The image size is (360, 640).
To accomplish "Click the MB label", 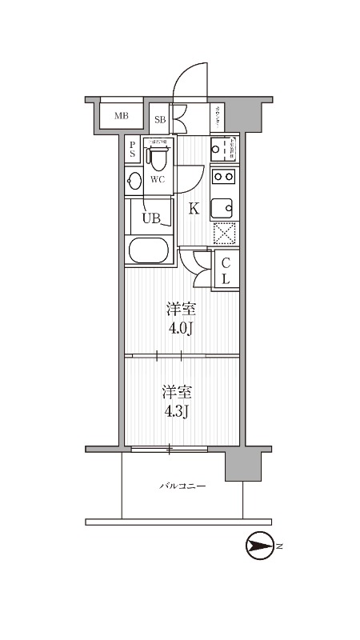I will click(x=121, y=116).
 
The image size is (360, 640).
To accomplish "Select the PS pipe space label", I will click(x=132, y=150).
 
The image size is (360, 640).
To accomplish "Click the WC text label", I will click(x=158, y=179).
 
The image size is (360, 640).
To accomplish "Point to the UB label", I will click(x=151, y=217).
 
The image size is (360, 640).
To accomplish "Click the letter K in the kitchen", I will click(x=194, y=210).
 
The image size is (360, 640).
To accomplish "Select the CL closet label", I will click(x=226, y=270).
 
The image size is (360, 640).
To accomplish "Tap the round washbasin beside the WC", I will click(x=134, y=180).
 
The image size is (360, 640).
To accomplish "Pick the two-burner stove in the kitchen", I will click(x=223, y=177).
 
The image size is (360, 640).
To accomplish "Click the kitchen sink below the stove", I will click(x=223, y=207).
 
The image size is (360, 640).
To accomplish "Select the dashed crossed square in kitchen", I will click(x=223, y=234).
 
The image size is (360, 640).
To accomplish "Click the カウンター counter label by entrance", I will click(x=218, y=118).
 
